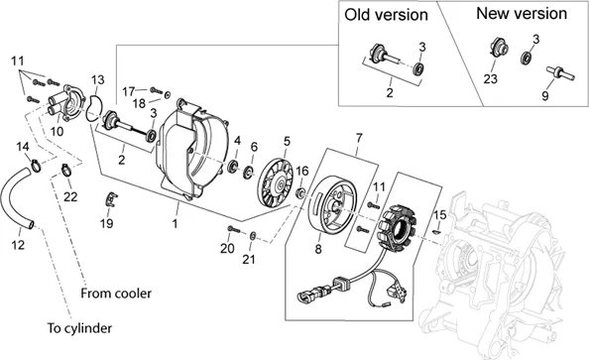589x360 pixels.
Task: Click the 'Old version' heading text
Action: tap(386, 16)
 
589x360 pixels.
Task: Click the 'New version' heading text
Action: tap(522, 14)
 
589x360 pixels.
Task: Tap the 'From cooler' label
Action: tap(116, 294)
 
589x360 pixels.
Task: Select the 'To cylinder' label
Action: tap(79, 328)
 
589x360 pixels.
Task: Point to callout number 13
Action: tap(97, 80)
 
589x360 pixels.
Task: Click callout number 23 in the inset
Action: tap(490, 79)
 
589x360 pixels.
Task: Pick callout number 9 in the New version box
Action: tap(544, 96)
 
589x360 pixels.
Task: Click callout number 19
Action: tap(107, 223)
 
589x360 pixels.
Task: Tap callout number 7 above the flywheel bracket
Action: tap(359, 138)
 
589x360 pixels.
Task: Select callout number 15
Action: tap(440, 215)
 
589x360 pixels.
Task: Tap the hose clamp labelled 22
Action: tap(66, 170)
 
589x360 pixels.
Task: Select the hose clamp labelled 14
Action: tap(36, 166)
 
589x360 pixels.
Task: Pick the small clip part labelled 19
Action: tap(110, 199)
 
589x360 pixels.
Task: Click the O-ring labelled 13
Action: tap(94, 109)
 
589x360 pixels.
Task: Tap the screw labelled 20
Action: tap(233, 229)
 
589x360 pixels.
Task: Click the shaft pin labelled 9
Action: tap(559, 72)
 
